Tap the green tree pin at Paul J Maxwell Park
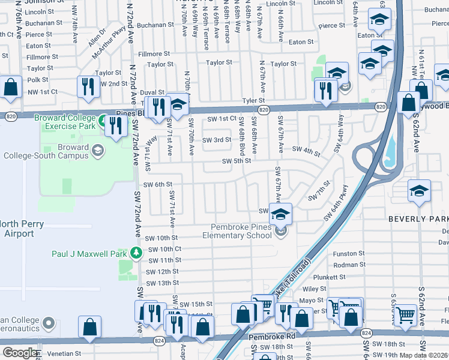137,252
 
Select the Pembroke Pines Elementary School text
241,231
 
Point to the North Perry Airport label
18,229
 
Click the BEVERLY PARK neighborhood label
418,219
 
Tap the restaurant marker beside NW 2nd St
89,86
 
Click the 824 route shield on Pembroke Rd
159,341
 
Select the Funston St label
348,254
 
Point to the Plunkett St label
346,277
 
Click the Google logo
20,353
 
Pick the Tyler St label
253,101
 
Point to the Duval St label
152,93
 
